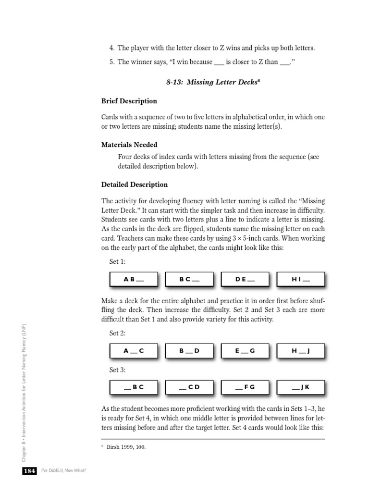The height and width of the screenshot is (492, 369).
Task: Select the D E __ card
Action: pos(245,279)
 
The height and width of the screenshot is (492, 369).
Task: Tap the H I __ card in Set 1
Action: pos(301,279)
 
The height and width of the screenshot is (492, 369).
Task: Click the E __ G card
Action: pos(245,351)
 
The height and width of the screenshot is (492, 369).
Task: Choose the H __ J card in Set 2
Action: pos(301,351)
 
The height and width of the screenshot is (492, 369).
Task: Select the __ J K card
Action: pos(301,387)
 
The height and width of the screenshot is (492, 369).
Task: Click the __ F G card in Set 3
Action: pos(245,387)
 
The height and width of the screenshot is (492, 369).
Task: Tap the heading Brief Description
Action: pos(129,101)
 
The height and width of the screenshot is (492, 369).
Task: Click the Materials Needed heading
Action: pos(129,145)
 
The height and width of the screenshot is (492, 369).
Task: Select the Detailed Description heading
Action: pos(135,184)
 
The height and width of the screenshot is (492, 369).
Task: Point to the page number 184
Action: pos(29,471)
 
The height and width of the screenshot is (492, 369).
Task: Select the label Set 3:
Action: pos(117,369)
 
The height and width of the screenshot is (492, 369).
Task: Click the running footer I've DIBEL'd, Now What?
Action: pos(62,471)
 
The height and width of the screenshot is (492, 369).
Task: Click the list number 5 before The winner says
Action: pos(111,62)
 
